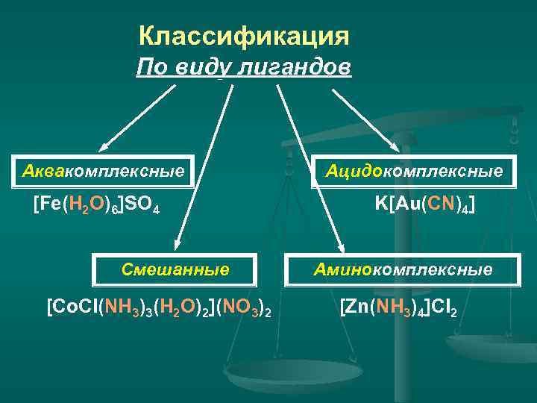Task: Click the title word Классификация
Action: point(244,36)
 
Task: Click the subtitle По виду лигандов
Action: point(244,68)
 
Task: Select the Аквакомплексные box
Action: point(103,172)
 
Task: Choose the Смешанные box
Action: point(175,269)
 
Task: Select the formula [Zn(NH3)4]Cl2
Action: point(398,307)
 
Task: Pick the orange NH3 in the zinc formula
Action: point(389,307)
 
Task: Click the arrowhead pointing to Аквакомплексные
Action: point(104,148)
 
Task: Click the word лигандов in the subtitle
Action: point(294,68)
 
